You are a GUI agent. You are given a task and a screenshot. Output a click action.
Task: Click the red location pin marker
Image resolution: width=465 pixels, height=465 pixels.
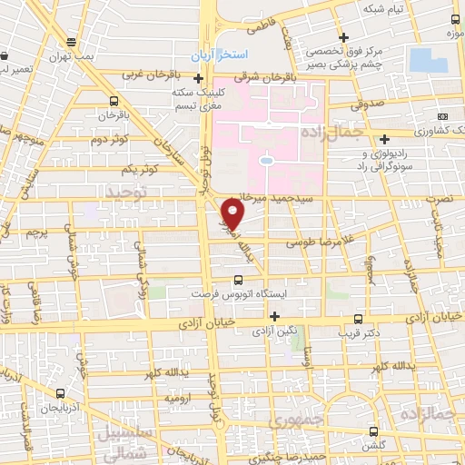(x=233, y=213)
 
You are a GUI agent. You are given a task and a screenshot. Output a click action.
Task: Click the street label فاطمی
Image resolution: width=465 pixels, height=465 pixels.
(x=259, y=28)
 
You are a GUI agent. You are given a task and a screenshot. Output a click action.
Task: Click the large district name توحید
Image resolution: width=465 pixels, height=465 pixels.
(x=125, y=193)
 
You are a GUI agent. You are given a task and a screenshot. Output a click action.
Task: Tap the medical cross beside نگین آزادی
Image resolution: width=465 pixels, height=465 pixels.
(x=275, y=315)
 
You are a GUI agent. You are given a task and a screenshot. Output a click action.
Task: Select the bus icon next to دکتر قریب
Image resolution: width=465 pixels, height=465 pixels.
(x=359, y=319)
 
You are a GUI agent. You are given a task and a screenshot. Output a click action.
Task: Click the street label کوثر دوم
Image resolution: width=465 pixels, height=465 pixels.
(x=109, y=139)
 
